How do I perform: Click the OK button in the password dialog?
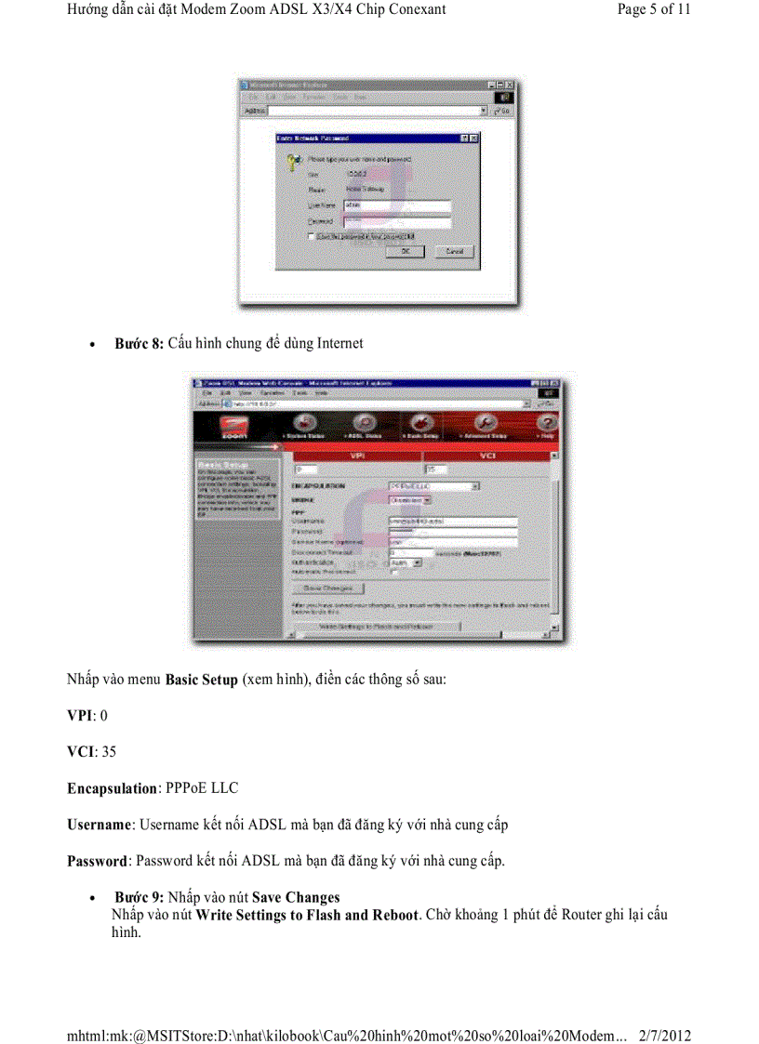pyautogui.click(x=406, y=251)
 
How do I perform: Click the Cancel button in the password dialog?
pyautogui.click(x=453, y=251)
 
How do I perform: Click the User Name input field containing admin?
pyautogui.click(x=396, y=205)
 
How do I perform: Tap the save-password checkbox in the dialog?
pyautogui.click(x=313, y=237)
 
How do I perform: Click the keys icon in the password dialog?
pyautogui.click(x=291, y=160)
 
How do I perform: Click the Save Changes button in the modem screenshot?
pyautogui.click(x=328, y=588)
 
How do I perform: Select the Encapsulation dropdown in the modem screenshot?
pyautogui.click(x=433, y=485)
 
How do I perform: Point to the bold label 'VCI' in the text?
pyautogui.click(x=80, y=752)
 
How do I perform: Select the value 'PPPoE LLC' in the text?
pyautogui.click(x=202, y=788)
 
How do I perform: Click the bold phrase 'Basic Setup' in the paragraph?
pyautogui.click(x=201, y=681)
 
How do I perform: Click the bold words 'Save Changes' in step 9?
pyautogui.click(x=296, y=897)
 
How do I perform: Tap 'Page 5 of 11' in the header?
pyautogui.click(x=654, y=9)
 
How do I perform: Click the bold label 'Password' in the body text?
pyautogui.click(x=96, y=861)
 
